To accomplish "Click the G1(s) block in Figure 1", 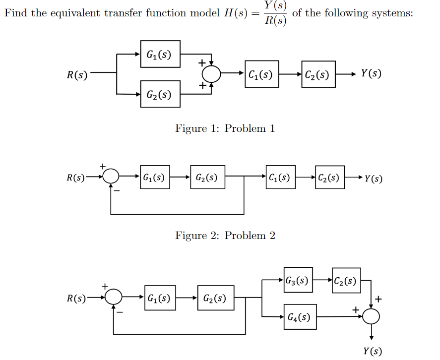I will (x=160, y=54).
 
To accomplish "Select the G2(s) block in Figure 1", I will (x=160, y=94).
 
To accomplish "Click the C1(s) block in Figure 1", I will (x=261, y=74).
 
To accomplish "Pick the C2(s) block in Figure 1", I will (x=318, y=74).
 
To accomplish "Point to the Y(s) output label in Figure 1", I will (x=371, y=74).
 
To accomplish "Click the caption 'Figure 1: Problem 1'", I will (x=225, y=128).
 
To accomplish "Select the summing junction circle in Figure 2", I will (x=112, y=176).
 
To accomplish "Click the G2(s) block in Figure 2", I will (x=207, y=177).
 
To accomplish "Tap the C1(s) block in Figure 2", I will (x=280, y=177).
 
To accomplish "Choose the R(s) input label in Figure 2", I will (x=76, y=178).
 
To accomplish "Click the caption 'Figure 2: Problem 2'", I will (x=225, y=236).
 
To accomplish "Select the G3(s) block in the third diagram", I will (x=298, y=280).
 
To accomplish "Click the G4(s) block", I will (x=300, y=316).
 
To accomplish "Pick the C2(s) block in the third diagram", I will (x=346, y=280).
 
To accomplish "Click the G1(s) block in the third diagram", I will (x=160, y=298).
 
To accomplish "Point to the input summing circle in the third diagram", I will (x=115, y=298).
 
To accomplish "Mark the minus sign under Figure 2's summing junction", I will (x=119, y=190).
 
